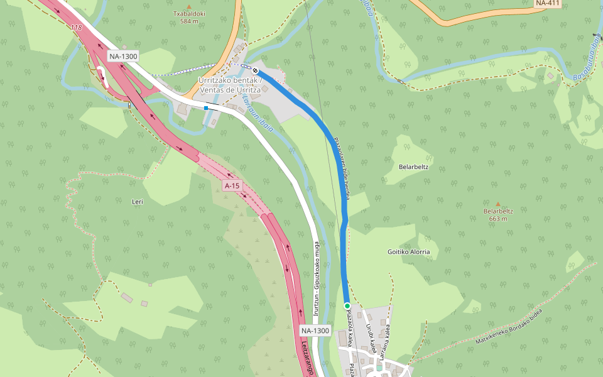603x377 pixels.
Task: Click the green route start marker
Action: point(347,305)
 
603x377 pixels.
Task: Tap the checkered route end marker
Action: point(256,70)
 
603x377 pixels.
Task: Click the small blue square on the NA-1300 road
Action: point(205,108)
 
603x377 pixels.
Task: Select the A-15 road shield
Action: point(232,185)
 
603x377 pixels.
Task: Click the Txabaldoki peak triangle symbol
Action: point(188,6)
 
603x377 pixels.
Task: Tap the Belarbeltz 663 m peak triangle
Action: point(498,204)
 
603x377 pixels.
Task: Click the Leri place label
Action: point(138,202)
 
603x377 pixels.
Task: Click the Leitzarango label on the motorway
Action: point(306,358)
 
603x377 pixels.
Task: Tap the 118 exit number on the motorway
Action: point(77,28)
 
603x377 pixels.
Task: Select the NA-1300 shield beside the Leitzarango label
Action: point(315,331)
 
